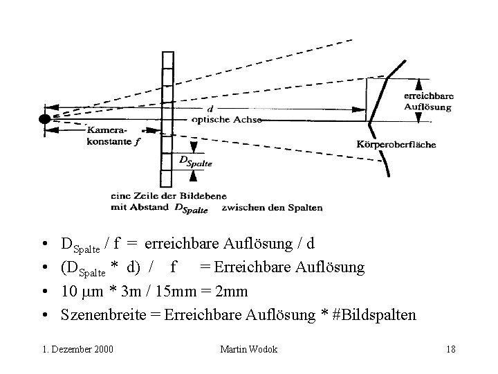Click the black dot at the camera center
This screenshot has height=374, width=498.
(45, 119)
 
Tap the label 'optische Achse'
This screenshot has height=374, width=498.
(227, 120)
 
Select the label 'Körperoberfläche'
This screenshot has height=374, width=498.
(396, 144)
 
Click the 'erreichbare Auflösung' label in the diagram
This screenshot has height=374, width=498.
(428, 101)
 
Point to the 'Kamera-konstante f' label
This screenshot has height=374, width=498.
(113, 136)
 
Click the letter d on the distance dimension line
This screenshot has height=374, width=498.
(210, 109)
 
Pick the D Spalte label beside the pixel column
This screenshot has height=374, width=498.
(195, 161)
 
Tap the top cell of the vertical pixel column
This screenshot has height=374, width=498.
(168, 60)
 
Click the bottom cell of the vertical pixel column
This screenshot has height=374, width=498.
(166, 179)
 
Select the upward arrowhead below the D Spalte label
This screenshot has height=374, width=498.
(193, 176)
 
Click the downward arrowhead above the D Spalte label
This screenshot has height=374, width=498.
(194, 148)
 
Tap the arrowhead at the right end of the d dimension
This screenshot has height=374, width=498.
(358, 109)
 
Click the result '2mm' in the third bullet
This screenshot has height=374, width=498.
(231, 291)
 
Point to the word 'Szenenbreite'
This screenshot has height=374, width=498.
(104, 315)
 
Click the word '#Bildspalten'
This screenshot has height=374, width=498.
(373, 315)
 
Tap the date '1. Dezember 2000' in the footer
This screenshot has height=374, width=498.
(77, 349)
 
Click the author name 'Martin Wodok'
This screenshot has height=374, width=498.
(249, 349)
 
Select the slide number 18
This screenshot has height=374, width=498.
(451, 349)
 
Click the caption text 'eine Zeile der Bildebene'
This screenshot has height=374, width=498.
(169, 195)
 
